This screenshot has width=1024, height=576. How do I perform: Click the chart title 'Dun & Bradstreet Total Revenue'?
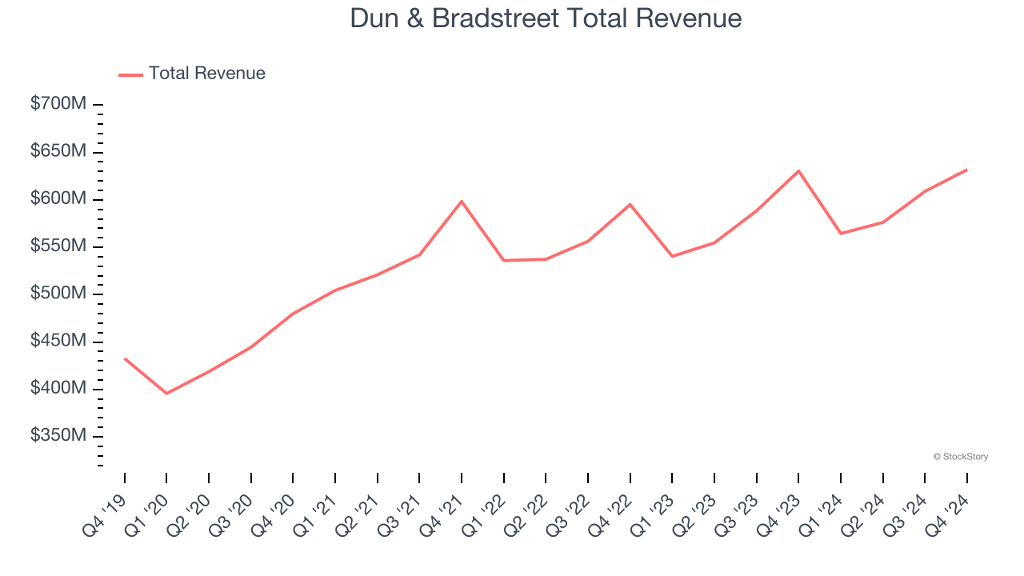click(x=546, y=18)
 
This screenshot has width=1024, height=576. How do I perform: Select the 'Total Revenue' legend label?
click(x=206, y=74)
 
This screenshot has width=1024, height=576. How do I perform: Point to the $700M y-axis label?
click(x=58, y=104)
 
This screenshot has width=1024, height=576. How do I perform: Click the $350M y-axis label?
click(x=58, y=436)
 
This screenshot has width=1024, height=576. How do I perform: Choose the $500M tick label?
click(x=58, y=294)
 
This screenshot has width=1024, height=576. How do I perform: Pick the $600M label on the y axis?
click(x=58, y=198)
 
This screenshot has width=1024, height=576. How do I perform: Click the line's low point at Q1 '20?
click(x=166, y=394)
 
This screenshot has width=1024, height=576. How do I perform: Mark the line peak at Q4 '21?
click(x=462, y=201)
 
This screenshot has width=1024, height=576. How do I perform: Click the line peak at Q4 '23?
click(x=798, y=170)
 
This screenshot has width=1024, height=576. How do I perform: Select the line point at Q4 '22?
click(x=630, y=204)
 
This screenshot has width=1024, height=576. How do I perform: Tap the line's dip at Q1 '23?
click(x=672, y=256)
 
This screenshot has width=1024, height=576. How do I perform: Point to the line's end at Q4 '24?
click(x=966, y=170)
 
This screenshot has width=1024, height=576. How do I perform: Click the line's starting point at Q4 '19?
click(x=125, y=358)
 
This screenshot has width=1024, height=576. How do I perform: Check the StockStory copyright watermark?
click(x=960, y=457)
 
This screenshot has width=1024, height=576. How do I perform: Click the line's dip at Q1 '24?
click(x=841, y=234)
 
